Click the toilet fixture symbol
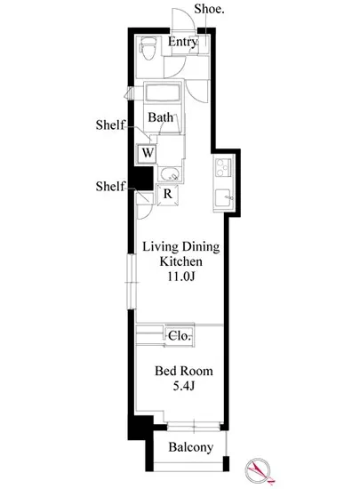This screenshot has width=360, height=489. [148, 48]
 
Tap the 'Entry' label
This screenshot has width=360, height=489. [183, 42]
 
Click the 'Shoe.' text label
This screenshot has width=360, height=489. [209, 9]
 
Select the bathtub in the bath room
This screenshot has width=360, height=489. [163, 92]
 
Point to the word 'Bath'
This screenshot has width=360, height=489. [161, 117]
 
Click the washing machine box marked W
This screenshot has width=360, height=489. [148, 153]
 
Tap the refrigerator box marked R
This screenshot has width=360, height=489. [168, 196]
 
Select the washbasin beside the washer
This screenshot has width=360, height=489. [169, 174]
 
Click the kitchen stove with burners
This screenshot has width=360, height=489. [222, 167]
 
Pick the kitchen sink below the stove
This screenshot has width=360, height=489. [223, 198]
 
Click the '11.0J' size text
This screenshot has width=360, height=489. [181, 277]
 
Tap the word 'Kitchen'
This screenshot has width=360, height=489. [180, 261]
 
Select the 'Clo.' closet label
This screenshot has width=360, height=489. [180, 336]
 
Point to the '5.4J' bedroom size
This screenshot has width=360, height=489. [184, 387]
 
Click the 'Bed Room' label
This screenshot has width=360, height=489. [184, 371]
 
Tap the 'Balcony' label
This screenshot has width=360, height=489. [191, 447]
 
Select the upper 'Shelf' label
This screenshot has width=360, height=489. [110, 124]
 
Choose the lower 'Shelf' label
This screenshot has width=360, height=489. [110, 186]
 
